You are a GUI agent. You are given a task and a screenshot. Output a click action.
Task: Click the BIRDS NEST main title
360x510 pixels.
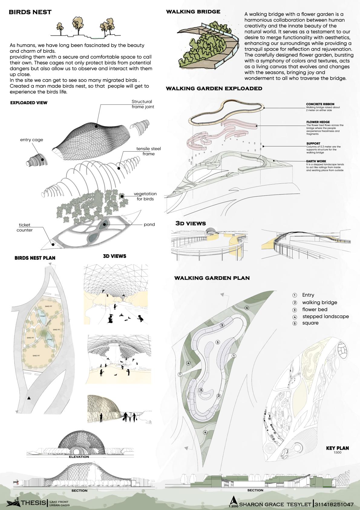point(30,12)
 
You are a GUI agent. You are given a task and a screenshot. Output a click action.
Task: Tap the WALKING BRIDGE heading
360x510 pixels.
point(193,12)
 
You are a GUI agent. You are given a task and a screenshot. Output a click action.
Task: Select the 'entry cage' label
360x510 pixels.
point(31,140)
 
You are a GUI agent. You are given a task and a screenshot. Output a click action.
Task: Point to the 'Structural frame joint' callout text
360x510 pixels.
point(142,104)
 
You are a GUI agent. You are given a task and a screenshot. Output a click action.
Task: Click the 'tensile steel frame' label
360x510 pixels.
point(149,151)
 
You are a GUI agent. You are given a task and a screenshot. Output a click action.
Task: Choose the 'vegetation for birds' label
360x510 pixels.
point(145,196)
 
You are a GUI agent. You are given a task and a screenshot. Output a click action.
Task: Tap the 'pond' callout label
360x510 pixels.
point(149,224)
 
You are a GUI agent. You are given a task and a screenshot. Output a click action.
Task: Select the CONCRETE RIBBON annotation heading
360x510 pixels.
point(320,104)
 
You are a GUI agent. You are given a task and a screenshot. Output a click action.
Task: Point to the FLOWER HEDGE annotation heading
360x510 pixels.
point(316,122)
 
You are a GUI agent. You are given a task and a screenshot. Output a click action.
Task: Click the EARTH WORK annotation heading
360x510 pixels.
point(316,161)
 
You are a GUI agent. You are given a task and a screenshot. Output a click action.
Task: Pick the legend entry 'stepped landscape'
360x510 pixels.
point(326,316)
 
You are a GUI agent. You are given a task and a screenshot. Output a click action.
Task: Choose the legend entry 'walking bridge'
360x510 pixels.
point(319,302)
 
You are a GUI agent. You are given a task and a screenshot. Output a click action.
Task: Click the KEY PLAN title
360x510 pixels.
point(337,448)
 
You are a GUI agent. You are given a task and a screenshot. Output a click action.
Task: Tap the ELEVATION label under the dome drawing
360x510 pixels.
point(79,457)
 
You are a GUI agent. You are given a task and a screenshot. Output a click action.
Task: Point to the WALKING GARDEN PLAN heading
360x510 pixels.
point(212,278)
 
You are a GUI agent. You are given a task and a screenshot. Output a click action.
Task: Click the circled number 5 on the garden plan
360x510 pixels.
point(218,342)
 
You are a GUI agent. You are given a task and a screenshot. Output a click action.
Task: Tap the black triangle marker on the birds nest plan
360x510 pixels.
point(29,398)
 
